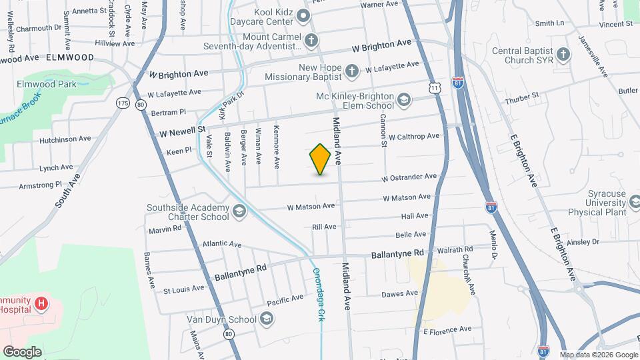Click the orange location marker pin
(x=321, y=159)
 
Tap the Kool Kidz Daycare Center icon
(x=304, y=16)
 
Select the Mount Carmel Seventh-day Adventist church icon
(x=310, y=41)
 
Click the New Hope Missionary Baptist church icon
(x=352, y=70)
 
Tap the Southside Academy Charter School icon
(x=239, y=212)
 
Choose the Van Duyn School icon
(x=267, y=319)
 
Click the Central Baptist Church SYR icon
(x=563, y=54)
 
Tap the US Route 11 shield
(x=435, y=87)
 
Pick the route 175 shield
(x=123, y=103)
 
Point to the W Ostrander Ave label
(x=409, y=177)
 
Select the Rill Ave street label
(x=324, y=227)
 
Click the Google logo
(x=22, y=351)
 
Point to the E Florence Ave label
(x=447, y=329)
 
